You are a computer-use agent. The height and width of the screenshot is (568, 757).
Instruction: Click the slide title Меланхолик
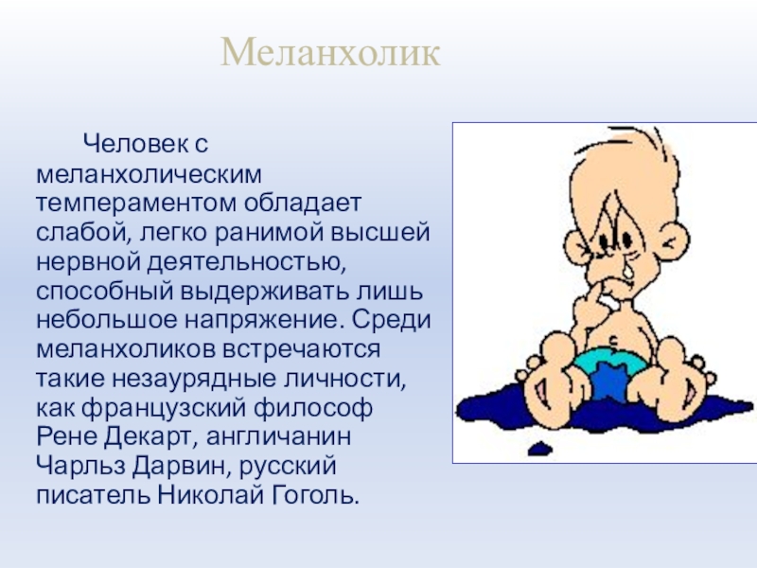coord(330,52)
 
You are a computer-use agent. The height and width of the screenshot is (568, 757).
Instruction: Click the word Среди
coord(391,320)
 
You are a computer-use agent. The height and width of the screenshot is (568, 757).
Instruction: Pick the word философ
coord(313,408)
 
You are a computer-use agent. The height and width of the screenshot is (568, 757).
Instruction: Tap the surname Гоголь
coord(316,495)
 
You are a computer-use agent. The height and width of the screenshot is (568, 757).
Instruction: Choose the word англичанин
coord(279,437)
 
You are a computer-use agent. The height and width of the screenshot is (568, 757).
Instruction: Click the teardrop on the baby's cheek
coord(627,270)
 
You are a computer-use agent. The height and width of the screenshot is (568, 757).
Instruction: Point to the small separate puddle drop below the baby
coord(539,449)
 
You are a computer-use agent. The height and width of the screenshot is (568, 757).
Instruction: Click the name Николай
coord(211,495)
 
